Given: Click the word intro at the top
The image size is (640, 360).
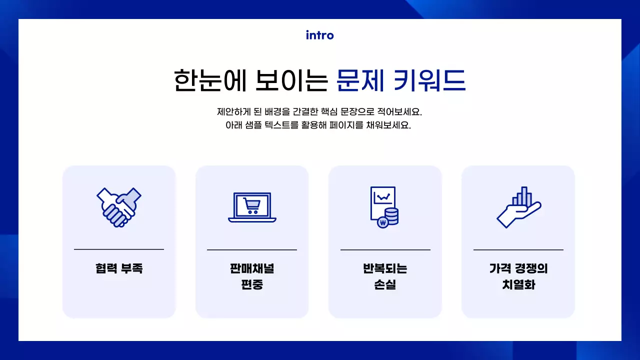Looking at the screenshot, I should [x=319, y=35].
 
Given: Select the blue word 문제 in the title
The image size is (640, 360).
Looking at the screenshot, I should [x=360, y=80].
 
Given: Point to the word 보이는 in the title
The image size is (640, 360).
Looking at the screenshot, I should [x=290, y=80].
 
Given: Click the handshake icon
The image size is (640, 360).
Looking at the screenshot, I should [x=118, y=207].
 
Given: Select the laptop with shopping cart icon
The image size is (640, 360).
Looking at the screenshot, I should [x=252, y=207].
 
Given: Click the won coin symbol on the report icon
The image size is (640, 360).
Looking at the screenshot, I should [x=383, y=222].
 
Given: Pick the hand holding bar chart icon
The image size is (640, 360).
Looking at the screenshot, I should [x=518, y=207].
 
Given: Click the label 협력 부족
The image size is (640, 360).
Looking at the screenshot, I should [x=119, y=268].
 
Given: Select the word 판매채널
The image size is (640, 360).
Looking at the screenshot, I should [x=252, y=268].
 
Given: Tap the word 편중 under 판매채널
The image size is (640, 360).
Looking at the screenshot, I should [x=252, y=285].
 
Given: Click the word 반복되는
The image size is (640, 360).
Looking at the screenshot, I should [x=385, y=268].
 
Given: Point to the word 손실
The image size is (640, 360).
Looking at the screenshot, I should [x=385, y=285].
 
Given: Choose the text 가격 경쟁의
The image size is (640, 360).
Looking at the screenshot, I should [x=518, y=268].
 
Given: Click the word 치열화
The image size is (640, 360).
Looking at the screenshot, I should [x=518, y=285].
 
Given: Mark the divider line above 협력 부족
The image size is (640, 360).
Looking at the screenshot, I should [x=119, y=249].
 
